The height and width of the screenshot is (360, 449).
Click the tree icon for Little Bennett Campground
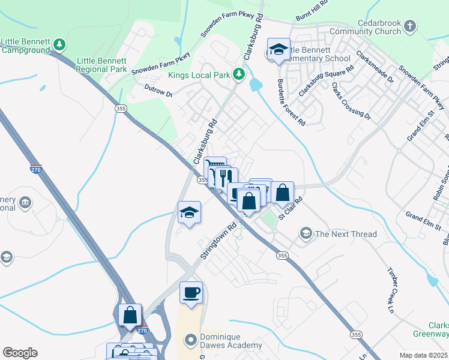(59, 44)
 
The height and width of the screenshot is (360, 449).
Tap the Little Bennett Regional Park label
(101, 65)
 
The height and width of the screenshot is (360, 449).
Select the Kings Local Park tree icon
(240, 74)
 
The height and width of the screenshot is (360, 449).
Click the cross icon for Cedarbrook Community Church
(410, 26)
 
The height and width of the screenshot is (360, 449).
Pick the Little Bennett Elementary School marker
(279, 50)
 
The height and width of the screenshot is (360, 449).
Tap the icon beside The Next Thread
(306, 233)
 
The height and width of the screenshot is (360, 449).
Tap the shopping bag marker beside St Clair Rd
(282, 193)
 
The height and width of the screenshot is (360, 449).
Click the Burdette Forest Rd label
(291, 104)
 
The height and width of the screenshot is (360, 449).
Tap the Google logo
(20, 353)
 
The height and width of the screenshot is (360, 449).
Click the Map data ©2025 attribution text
(423, 355)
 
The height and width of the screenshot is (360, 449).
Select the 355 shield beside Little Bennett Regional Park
(121, 108)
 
